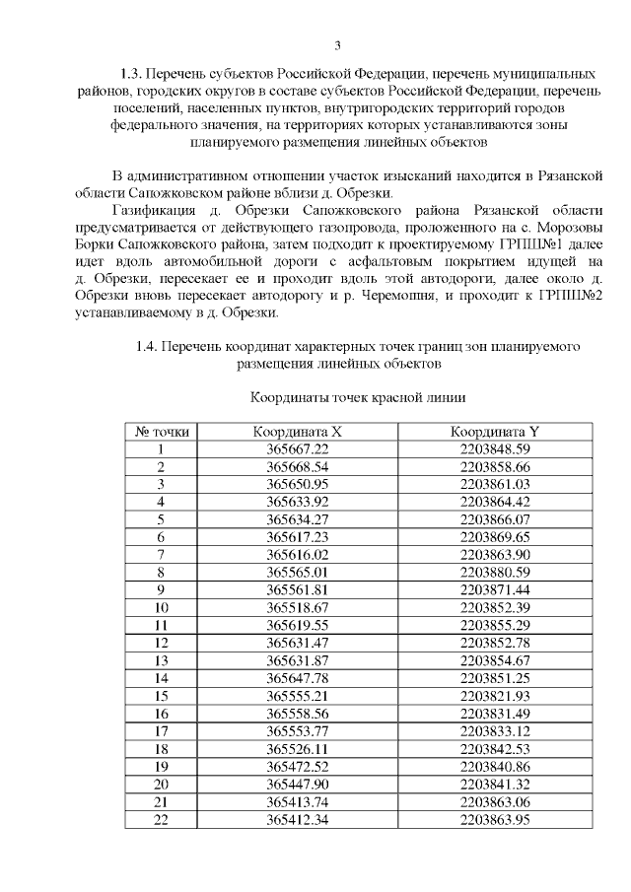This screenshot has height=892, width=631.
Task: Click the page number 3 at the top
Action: (337, 45)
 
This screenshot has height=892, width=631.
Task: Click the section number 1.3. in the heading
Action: (131, 74)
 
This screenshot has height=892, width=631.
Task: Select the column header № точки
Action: (162, 432)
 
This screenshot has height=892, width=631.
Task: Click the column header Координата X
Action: (297, 432)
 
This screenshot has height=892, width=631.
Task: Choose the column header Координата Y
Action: (495, 432)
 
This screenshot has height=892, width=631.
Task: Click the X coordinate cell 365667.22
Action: (297, 448)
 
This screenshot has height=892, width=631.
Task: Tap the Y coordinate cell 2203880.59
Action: (495, 572)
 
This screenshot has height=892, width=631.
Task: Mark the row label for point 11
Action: (162, 625)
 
